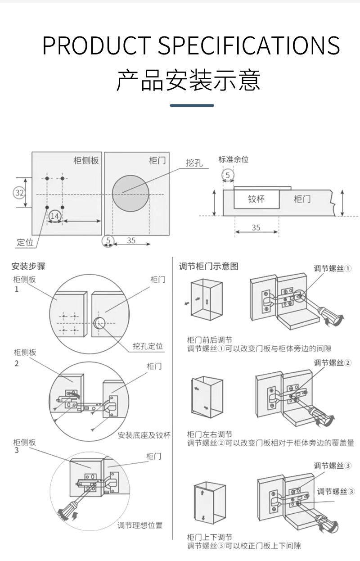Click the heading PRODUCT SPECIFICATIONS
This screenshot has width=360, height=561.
pos(191,45)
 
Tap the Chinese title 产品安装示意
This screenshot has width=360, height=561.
pos(189,80)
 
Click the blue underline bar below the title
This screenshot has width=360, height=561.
pos(192,105)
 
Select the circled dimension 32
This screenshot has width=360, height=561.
pos(19,193)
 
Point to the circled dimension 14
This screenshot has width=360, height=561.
pos(55,217)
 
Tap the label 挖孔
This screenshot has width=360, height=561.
pos(194,163)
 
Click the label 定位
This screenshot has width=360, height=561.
pos(25,243)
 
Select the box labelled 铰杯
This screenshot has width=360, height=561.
pos(256,199)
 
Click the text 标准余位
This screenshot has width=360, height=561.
pos(234,159)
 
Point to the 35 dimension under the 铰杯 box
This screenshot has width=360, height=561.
pos(256,227)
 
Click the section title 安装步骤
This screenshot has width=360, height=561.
pos(28,266)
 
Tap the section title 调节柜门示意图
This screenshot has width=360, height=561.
pos(208,266)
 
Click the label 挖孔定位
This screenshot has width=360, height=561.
pos(148,346)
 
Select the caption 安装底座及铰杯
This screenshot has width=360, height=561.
pos(144,435)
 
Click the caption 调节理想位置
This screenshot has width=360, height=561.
pos(140,525)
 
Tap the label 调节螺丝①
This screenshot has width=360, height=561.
pos(333,269)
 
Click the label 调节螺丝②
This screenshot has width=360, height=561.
pos(333,363)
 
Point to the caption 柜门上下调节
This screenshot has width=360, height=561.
pos(210,537)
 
